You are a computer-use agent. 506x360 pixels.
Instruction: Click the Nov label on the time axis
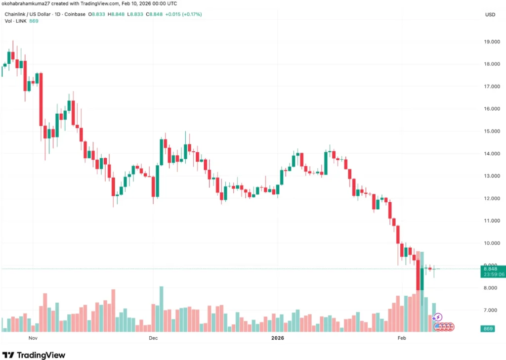coord(33,338)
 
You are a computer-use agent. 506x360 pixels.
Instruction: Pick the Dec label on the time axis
coord(153,338)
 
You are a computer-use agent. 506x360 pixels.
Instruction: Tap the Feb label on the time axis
coord(402,338)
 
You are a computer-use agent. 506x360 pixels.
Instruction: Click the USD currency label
coord(490,14)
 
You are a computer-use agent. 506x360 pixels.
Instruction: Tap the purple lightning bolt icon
coord(438,317)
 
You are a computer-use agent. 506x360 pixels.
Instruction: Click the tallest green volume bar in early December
coord(161,309)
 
